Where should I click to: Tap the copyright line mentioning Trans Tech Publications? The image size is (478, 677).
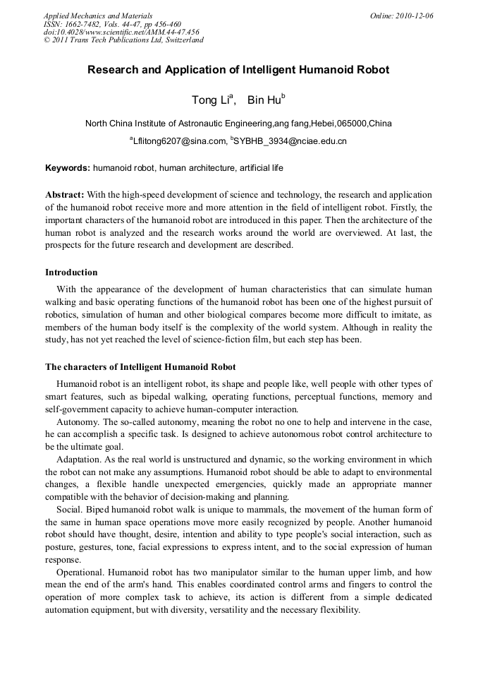(x=123, y=40)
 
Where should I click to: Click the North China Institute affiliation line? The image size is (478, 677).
(x=238, y=124)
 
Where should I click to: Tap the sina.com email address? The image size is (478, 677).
(x=177, y=142)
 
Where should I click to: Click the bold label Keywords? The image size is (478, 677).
(x=68, y=169)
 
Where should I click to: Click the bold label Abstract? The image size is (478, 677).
(x=65, y=194)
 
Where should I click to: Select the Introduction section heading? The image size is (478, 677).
(x=71, y=272)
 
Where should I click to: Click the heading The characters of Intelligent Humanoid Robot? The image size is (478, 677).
(x=140, y=367)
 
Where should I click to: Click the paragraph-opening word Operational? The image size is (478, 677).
(x=81, y=573)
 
